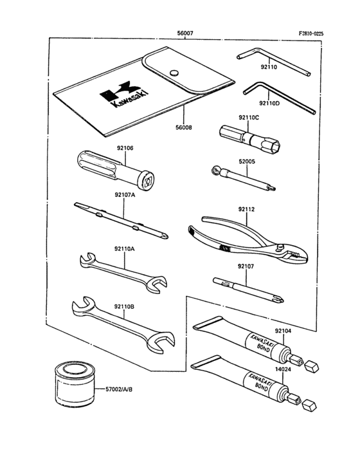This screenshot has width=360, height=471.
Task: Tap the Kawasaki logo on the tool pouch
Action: [x=120, y=94]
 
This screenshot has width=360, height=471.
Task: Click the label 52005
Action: [x=247, y=162]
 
